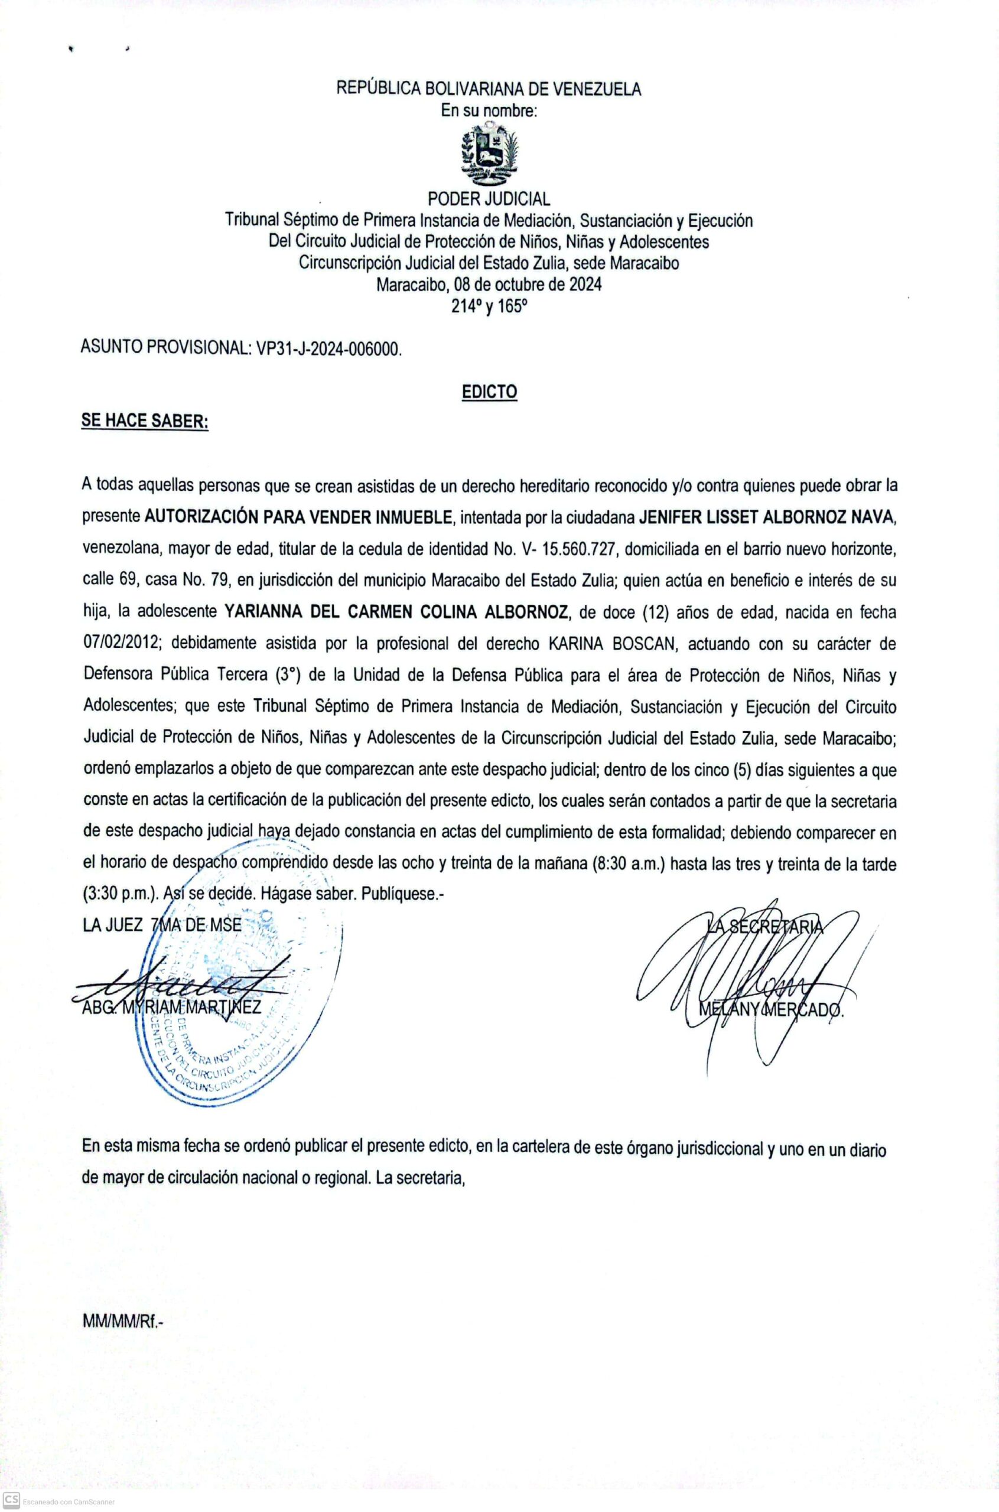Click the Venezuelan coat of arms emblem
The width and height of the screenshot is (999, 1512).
coord(489,154)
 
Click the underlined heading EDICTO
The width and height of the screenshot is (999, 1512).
coord(489,392)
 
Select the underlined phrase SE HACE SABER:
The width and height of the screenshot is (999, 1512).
coord(145,421)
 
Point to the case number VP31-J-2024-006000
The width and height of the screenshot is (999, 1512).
coord(328,348)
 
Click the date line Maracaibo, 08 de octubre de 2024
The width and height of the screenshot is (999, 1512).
coord(489,284)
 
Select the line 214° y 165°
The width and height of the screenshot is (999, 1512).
coord(489,306)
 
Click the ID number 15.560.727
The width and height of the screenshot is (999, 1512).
coord(579,548)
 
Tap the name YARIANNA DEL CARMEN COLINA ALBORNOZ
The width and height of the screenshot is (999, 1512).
coord(396,611)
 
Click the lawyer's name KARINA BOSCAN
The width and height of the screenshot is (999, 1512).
coord(608,643)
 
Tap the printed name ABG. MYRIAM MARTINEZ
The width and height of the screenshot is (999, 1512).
coord(171,1007)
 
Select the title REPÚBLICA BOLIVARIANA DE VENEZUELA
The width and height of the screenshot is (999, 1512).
coord(489,89)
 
